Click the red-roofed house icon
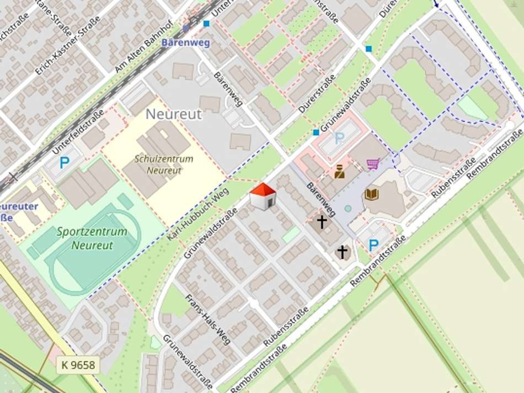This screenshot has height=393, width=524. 263,197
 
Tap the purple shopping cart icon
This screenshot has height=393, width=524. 373,164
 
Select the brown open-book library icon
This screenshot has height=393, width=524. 372,194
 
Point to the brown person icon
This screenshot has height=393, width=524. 340,172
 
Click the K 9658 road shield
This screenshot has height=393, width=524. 78,365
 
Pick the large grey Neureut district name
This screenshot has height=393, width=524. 174,114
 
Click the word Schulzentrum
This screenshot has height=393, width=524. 164,159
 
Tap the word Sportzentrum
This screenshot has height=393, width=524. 92,232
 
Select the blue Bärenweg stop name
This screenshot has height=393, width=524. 185,43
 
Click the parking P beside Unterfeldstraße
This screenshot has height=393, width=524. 65,162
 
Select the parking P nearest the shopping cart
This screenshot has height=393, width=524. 339,139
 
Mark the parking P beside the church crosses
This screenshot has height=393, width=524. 373,245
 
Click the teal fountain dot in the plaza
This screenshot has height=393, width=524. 347,208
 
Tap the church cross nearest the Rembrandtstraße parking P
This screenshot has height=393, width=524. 343,252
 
